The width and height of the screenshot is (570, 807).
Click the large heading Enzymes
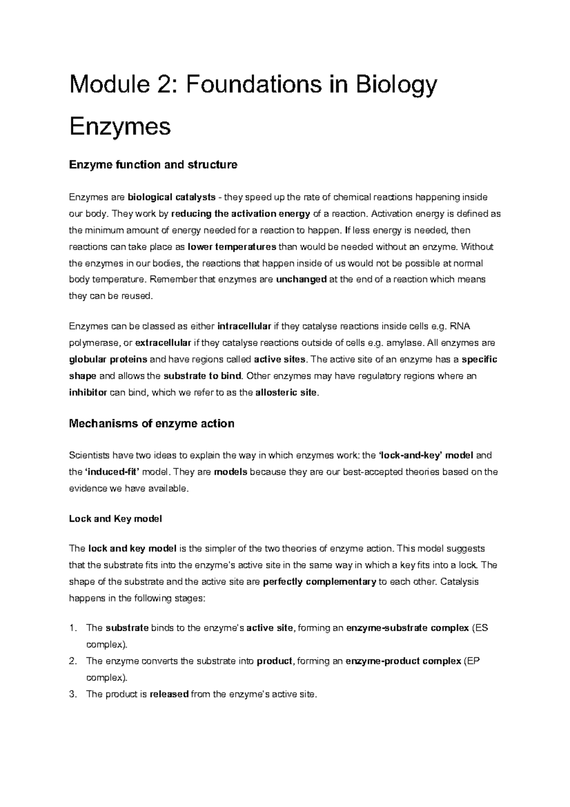[x=120, y=127]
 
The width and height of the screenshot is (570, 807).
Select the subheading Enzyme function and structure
[x=153, y=165]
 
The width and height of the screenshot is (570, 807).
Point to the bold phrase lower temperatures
[x=232, y=247]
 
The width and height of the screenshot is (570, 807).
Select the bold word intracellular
[x=244, y=327]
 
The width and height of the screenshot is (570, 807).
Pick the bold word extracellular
[x=163, y=343]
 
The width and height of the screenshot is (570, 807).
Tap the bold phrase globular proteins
[x=108, y=359]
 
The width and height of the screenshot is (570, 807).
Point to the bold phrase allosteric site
[x=285, y=393]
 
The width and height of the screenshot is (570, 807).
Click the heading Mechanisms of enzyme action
[x=152, y=423]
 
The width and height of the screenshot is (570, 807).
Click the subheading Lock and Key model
[x=115, y=519]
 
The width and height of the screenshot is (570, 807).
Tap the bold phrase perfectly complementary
[x=319, y=582]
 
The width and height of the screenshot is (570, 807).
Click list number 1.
[x=72, y=628]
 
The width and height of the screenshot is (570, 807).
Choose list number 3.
[x=72, y=694]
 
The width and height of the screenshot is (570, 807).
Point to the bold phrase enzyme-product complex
[x=403, y=661]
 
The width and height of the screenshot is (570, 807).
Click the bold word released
[x=169, y=694]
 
